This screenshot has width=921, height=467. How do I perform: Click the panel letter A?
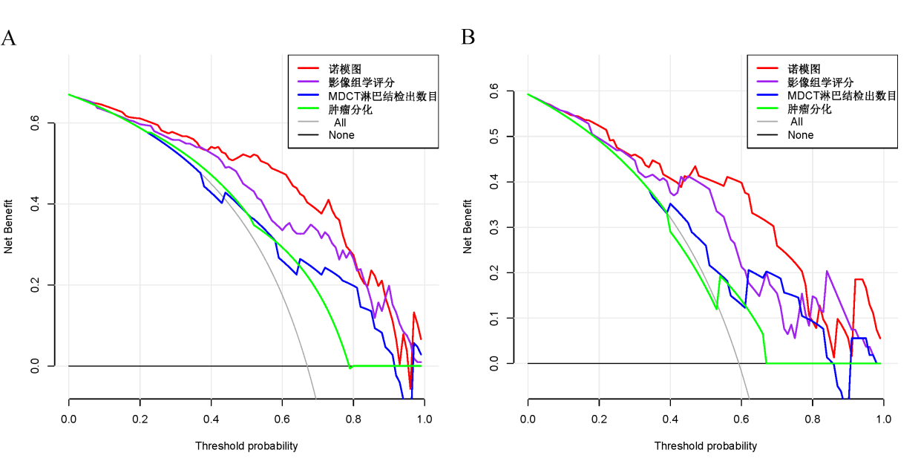pyautogui.click(x=9, y=39)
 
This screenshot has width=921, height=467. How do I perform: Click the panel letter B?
pyautogui.click(x=468, y=37)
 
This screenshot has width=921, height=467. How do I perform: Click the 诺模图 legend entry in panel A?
pyautogui.click(x=346, y=69)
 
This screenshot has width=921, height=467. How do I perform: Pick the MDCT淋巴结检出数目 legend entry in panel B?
pyautogui.click(x=842, y=96)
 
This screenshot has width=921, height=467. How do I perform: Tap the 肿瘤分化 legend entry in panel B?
pyautogui.click(x=809, y=109)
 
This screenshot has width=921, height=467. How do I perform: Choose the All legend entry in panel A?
pyautogui.click(x=339, y=123)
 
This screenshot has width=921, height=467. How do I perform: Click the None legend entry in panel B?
pyautogui.click(x=801, y=135)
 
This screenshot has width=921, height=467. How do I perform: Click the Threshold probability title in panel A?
pyautogui.click(x=246, y=446)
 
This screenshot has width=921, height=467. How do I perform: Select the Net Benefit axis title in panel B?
pyautogui.click(x=468, y=226)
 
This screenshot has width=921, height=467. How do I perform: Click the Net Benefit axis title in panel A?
pyautogui.click(x=9, y=226)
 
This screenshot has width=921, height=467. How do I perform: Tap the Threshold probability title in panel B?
pyautogui.click(x=706, y=446)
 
